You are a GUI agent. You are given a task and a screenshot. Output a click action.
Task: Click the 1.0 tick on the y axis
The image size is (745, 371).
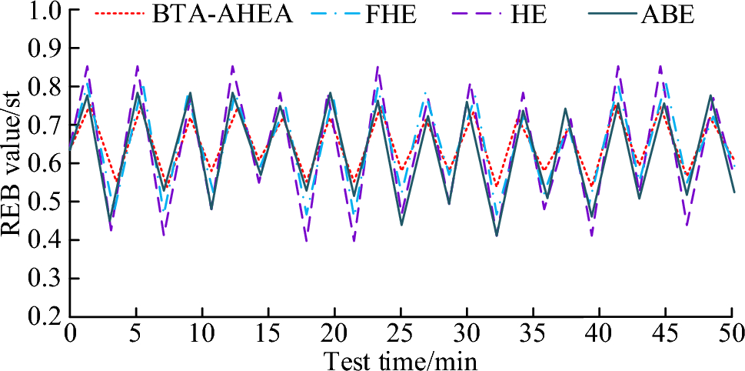(x=45, y=12)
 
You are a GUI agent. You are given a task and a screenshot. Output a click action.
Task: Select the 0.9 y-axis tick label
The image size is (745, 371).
(x=45, y=49)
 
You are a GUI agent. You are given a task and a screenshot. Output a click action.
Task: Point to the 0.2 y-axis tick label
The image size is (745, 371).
(x=45, y=316)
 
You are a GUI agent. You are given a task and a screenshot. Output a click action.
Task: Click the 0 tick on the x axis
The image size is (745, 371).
(x=70, y=333)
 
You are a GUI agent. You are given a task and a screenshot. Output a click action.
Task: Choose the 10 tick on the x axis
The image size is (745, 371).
(x=202, y=333)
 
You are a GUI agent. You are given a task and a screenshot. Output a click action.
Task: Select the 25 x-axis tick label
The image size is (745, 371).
(x=401, y=333)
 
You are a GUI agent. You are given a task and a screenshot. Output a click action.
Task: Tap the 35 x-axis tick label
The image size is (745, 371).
(x=533, y=333)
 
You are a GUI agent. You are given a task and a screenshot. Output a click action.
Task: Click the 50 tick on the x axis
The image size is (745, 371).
(x=730, y=333)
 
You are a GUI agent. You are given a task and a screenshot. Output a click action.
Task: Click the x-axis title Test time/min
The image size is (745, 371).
(x=400, y=359)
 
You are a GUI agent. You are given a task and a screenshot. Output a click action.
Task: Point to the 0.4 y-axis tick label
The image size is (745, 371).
(x=45, y=240)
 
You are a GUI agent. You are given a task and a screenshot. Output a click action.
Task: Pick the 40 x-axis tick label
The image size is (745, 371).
(x=599, y=333)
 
